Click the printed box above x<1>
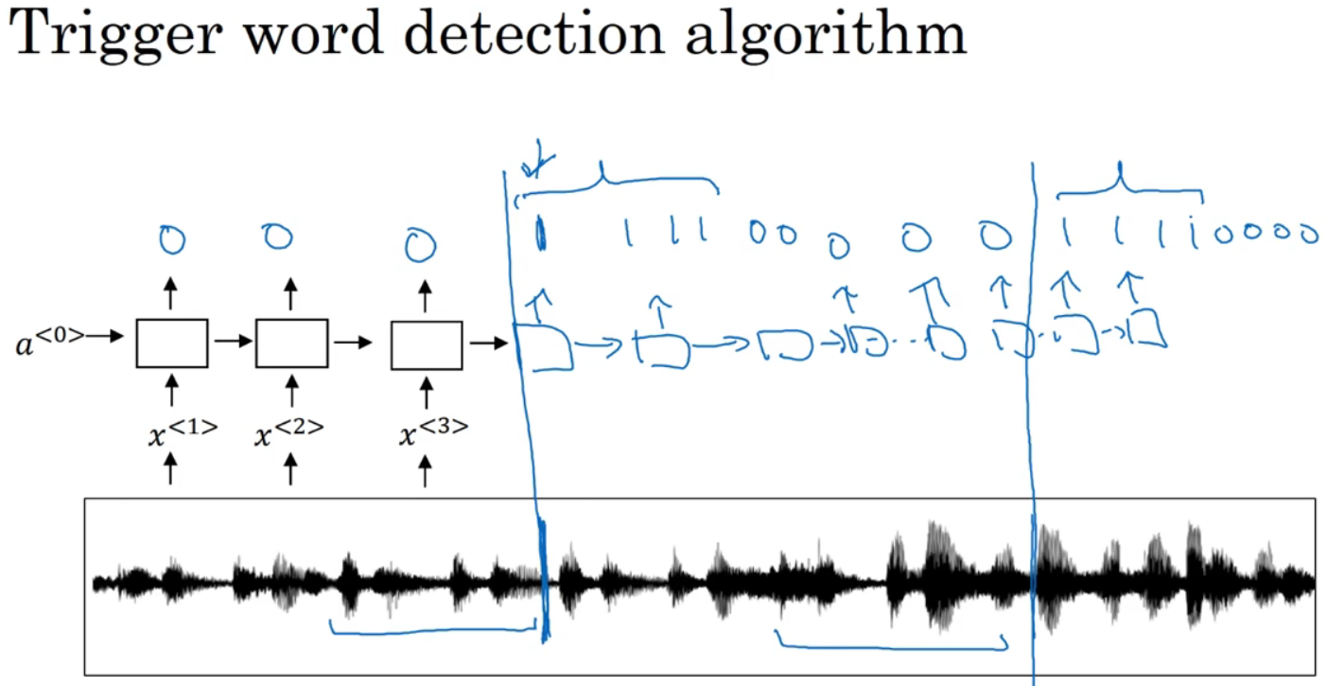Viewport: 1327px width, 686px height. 172,343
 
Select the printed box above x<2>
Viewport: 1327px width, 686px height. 291,343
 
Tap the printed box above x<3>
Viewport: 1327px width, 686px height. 427,343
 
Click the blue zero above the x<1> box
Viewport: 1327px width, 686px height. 171,242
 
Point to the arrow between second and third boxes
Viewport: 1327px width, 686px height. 352,343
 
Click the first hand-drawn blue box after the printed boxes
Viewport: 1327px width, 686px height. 546,346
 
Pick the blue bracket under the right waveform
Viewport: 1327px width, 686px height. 889,643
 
